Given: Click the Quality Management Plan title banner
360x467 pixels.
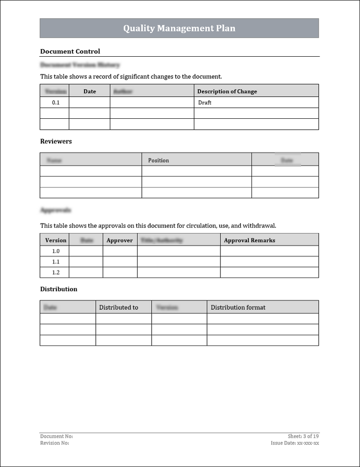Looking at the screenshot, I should click(x=179, y=28).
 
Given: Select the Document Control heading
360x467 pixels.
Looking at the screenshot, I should click(x=70, y=51).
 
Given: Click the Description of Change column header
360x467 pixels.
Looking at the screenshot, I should click(x=227, y=91).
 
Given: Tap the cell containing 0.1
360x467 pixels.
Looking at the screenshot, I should click(x=55, y=103).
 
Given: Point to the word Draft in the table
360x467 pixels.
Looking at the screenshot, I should click(x=205, y=103).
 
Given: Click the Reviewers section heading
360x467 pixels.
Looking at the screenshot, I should click(x=56, y=141).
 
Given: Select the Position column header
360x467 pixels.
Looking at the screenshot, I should click(x=158, y=160).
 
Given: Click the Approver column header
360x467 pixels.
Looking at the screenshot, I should click(x=120, y=240).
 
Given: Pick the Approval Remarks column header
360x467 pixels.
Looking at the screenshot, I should click(x=249, y=240).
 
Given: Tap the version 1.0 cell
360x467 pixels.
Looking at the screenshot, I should click(x=55, y=251).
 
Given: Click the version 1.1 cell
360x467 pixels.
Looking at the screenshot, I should click(x=55, y=261).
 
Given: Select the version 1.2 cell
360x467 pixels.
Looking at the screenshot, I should click(x=55, y=272).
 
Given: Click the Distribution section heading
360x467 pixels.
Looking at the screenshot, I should click(x=58, y=289).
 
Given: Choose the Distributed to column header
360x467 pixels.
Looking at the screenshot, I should click(x=118, y=307).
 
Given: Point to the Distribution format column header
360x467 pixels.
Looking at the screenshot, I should click(x=238, y=307).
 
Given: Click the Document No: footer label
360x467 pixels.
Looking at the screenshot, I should click(x=56, y=436).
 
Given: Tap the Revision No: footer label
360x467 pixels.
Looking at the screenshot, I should click(x=54, y=443).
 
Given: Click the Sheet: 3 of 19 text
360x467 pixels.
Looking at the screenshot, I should click(x=303, y=436).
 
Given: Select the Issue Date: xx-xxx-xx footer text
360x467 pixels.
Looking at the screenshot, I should click(x=295, y=443).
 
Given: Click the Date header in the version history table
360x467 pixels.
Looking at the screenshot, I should click(x=90, y=91).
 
